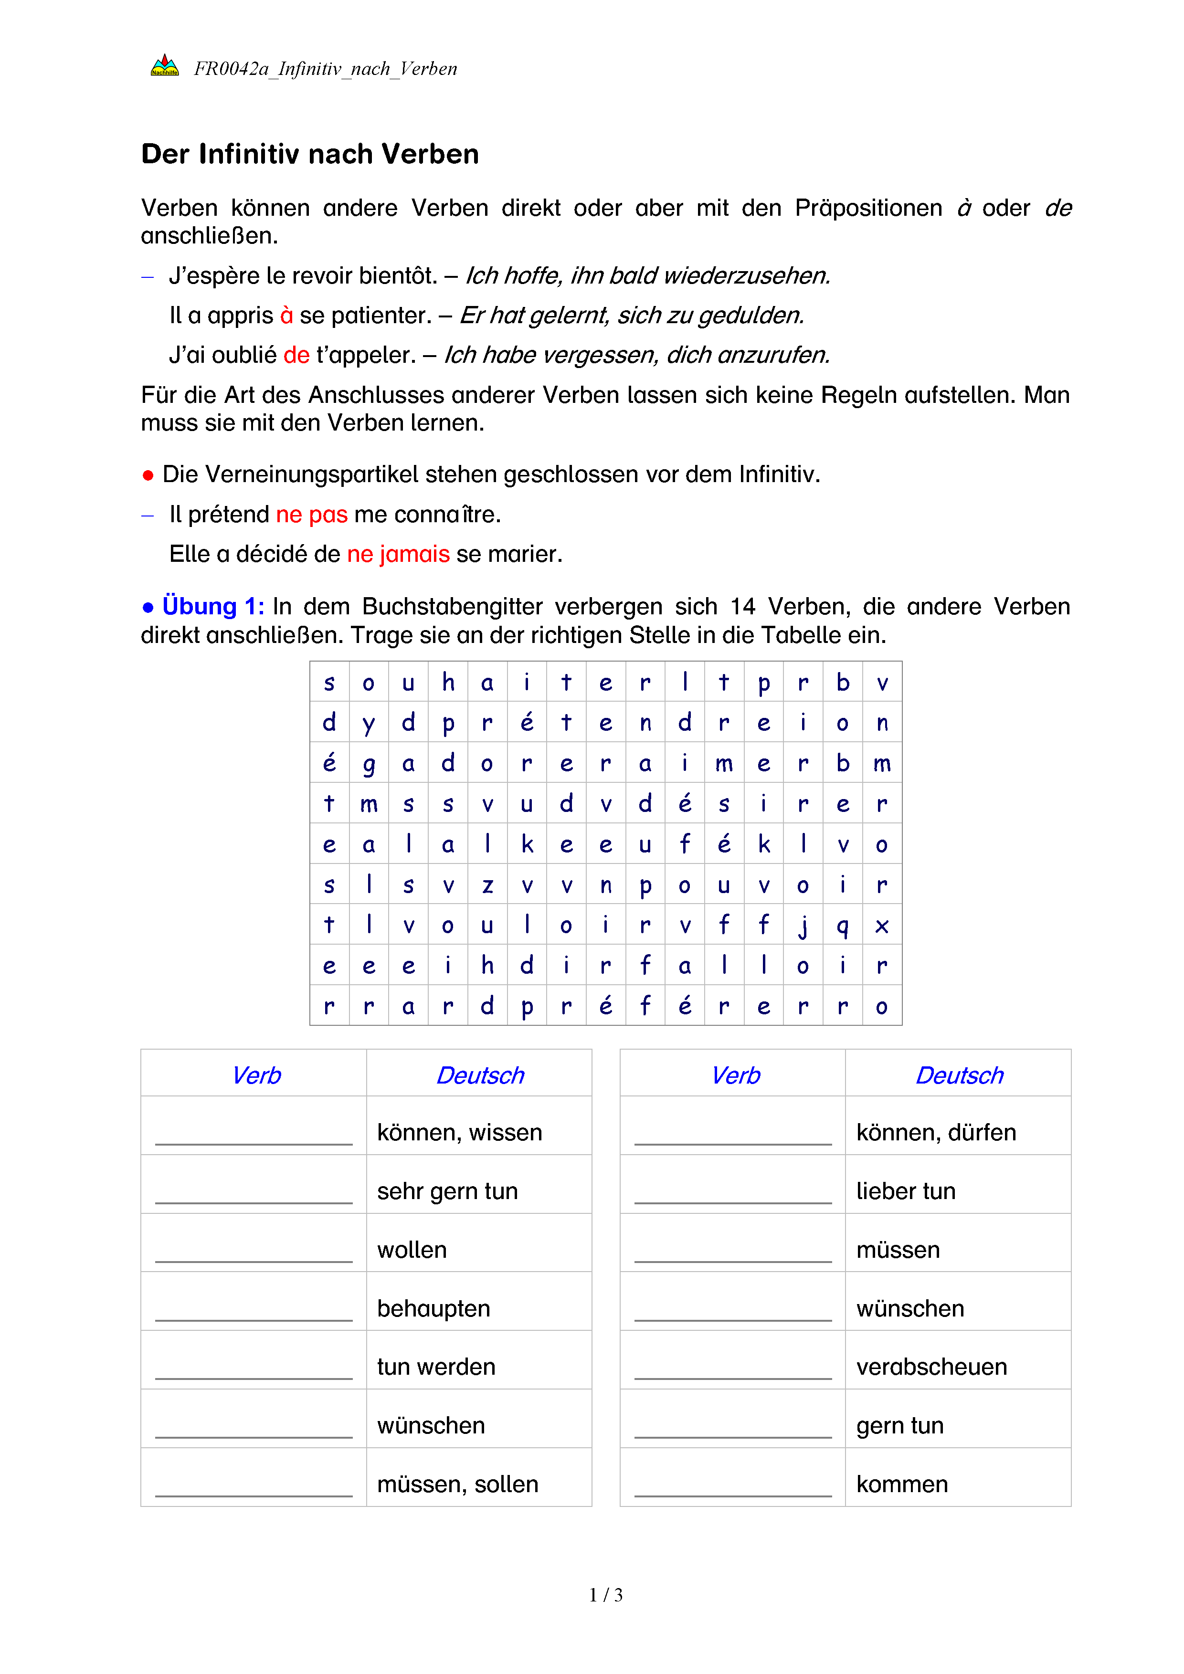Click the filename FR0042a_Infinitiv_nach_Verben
point(325,69)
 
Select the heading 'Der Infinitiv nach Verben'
point(310,155)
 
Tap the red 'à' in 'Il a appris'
point(286,316)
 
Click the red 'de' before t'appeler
point(297,355)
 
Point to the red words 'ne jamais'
point(398,554)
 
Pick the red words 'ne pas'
point(311,515)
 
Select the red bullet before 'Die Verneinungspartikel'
point(148,476)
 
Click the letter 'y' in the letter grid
point(369,723)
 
